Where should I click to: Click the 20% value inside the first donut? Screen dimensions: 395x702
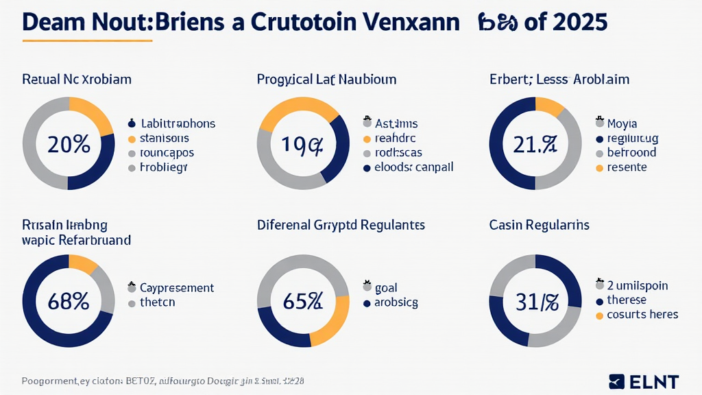[x=69, y=145]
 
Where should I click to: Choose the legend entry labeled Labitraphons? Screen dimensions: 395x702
[x=178, y=124]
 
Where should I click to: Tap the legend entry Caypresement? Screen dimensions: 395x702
[x=176, y=288]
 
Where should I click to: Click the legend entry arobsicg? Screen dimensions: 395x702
[x=395, y=302]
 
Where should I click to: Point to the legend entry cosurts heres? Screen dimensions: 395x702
[x=642, y=315]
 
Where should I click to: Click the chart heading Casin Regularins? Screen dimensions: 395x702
[x=539, y=225]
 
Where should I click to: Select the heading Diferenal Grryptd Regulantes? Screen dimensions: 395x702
[x=341, y=225]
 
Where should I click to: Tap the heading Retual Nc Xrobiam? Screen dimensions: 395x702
[x=76, y=80]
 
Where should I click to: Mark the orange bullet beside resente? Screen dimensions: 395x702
[x=600, y=167]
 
